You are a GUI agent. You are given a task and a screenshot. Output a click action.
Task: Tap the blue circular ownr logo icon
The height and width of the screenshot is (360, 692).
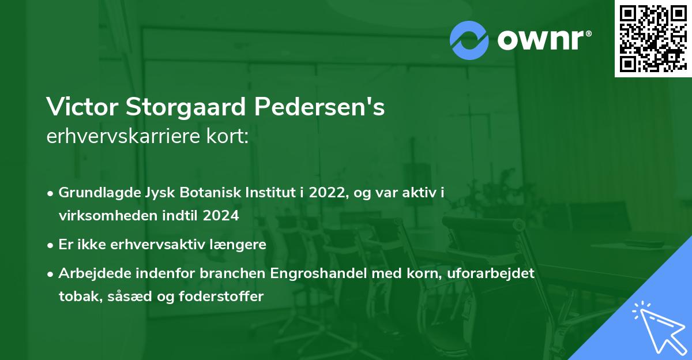pyautogui.click(x=469, y=39)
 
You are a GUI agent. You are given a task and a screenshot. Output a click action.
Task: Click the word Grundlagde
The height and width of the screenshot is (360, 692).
pyautogui.click(x=94, y=193)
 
